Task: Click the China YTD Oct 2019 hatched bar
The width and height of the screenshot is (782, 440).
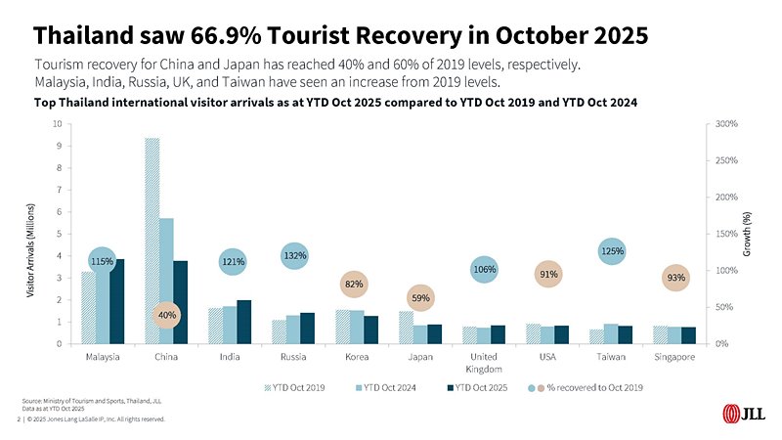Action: click(x=152, y=241)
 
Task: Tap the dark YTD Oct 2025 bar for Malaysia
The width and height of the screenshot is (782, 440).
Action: click(x=117, y=301)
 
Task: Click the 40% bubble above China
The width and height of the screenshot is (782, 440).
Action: click(x=167, y=316)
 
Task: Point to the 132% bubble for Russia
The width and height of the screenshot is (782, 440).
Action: click(x=295, y=256)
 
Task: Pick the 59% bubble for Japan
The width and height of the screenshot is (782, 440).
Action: click(x=420, y=297)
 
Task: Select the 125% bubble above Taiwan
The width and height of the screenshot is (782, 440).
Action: click(x=613, y=252)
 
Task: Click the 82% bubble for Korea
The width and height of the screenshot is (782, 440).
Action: click(x=354, y=285)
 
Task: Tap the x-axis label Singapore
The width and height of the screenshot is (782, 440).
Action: click(x=673, y=357)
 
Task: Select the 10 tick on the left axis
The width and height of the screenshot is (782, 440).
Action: click(x=58, y=124)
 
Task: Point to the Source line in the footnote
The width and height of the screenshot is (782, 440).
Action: click(x=79, y=401)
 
